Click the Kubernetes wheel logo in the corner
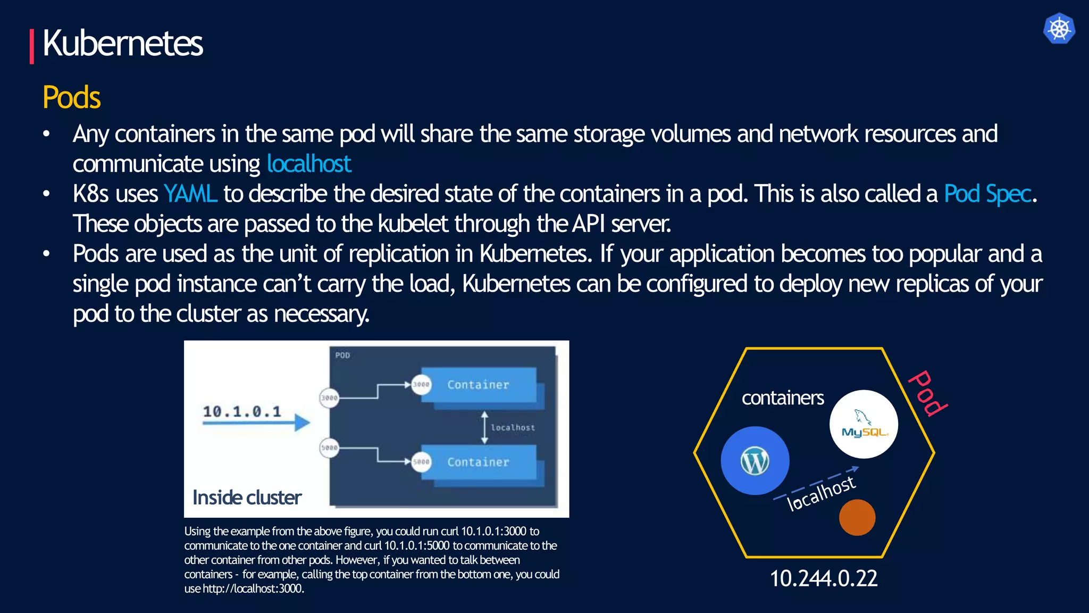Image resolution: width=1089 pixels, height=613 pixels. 1059,29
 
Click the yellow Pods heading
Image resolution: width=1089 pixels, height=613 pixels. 71,97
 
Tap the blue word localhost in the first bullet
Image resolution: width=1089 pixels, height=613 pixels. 308,164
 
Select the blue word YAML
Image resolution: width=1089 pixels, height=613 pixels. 190,194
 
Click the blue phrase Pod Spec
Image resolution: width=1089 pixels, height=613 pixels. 987,194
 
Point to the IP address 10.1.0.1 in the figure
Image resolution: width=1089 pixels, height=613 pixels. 242,411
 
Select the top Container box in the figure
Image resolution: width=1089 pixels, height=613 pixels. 479,385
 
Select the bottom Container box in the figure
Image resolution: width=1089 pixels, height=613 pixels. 479,462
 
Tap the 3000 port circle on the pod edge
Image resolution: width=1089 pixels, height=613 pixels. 329,397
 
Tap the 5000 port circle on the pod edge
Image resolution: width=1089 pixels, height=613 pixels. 329,448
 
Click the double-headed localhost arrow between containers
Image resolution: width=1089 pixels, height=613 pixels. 484,427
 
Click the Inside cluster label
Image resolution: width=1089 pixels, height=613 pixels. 247,498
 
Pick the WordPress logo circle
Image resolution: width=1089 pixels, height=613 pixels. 755,461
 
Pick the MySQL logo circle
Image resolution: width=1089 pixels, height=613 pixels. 864,424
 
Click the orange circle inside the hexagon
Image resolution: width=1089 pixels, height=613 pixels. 857,517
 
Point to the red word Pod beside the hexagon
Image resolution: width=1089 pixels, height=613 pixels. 928,393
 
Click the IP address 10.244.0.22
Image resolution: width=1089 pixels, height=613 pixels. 824,578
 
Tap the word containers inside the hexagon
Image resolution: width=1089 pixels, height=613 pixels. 783,398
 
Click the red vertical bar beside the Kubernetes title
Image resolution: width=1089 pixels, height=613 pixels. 32,46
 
